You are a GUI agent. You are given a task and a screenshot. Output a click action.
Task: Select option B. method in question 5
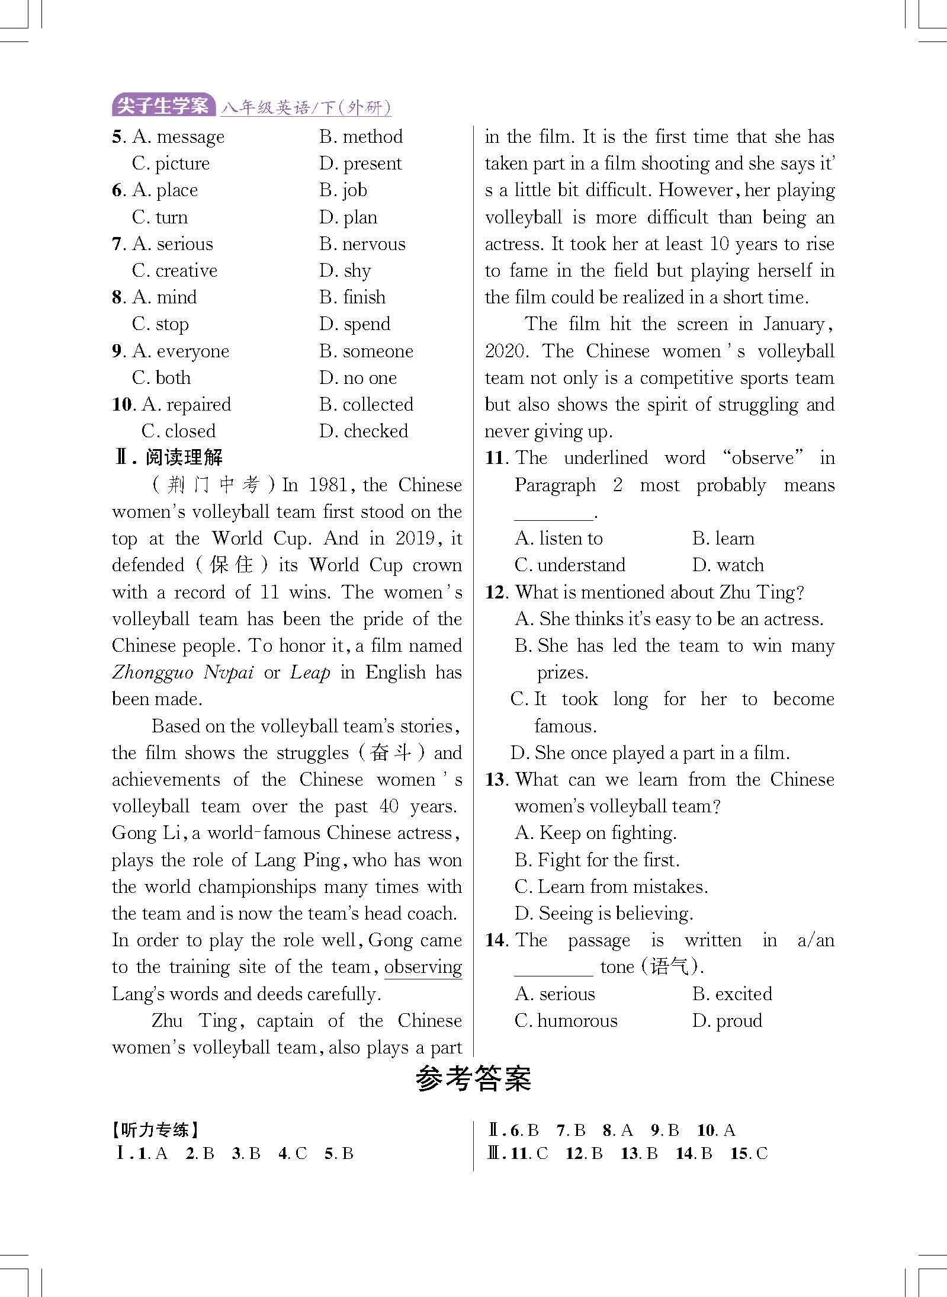[361, 137]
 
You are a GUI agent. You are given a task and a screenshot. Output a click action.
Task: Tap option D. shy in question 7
[345, 271]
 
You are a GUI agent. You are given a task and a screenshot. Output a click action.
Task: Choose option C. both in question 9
[161, 378]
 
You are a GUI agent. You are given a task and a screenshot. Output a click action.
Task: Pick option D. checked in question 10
[364, 431]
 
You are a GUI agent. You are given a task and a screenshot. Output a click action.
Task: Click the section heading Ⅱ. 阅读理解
[168, 458]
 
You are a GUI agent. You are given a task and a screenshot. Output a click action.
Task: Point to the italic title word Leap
[310, 672]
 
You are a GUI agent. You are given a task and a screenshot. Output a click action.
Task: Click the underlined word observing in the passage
[423, 967]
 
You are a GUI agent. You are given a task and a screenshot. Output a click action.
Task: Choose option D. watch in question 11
[728, 565]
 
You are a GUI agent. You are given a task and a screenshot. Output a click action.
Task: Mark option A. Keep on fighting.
[595, 833]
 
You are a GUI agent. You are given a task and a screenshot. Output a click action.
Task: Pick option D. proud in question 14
[727, 1021]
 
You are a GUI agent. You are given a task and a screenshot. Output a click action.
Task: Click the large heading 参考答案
[473, 1079]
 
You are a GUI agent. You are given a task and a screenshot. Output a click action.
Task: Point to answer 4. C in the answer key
[293, 1153]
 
